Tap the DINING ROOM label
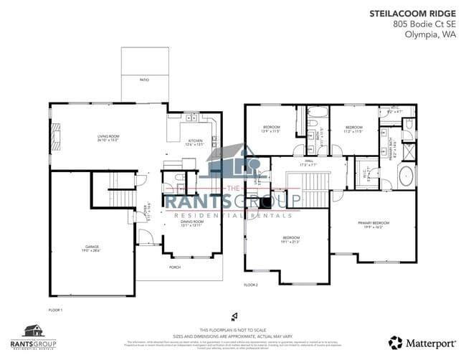pyautogui.click(x=191, y=223)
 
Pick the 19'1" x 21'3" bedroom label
pyautogui.click(x=290, y=239)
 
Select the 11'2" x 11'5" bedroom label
pyautogui.click(x=354, y=129)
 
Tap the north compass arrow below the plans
pyautogui.click(x=233, y=316)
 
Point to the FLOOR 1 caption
pyautogui.click(x=55, y=310)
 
